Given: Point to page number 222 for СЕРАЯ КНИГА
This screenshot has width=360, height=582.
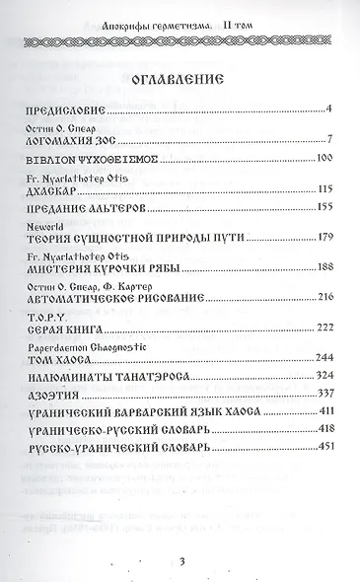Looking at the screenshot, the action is [x=304, y=326].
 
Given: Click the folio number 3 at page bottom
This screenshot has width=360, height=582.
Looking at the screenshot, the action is [x=182, y=561].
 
